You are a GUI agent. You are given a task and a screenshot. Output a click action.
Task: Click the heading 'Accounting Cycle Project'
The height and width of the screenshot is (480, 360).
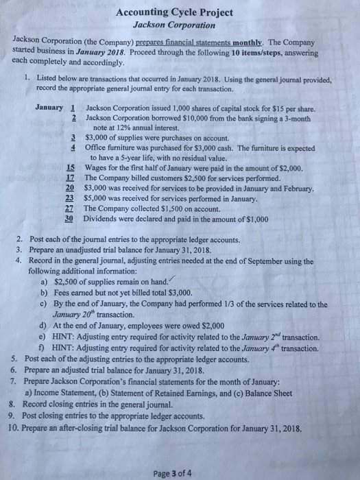[175, 12]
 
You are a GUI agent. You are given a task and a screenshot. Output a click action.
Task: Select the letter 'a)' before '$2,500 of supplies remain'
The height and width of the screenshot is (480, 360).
[46, 281]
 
